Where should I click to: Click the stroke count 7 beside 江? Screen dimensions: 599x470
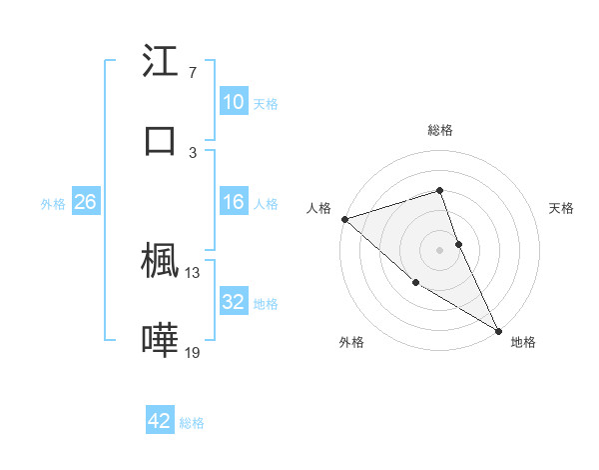tap(193, 73)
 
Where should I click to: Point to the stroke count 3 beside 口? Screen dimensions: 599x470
tap(193, 153)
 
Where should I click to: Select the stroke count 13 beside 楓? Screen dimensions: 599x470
tap(193, 272)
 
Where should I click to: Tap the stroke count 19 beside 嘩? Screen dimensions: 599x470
tap(193, 352)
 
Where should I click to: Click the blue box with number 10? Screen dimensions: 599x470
tap(234, 102)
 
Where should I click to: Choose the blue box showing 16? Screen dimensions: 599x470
tap(234, 203)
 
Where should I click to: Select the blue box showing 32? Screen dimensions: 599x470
tap(234, 302)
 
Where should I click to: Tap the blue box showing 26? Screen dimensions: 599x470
tap(85, 203)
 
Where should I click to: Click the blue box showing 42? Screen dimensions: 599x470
tap(160, 421)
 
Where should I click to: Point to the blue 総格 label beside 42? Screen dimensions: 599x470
tap(192, 423)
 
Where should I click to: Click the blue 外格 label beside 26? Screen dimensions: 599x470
tap(53, 204)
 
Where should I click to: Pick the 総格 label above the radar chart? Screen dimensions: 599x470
tap(440, 130)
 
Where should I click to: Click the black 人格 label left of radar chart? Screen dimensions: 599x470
tap(318, 209)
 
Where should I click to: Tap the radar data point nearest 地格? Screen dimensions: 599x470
tap(498, 329)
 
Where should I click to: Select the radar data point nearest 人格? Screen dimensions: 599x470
tap(344, 219)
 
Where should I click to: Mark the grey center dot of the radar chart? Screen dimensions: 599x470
tap(440, 249)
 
